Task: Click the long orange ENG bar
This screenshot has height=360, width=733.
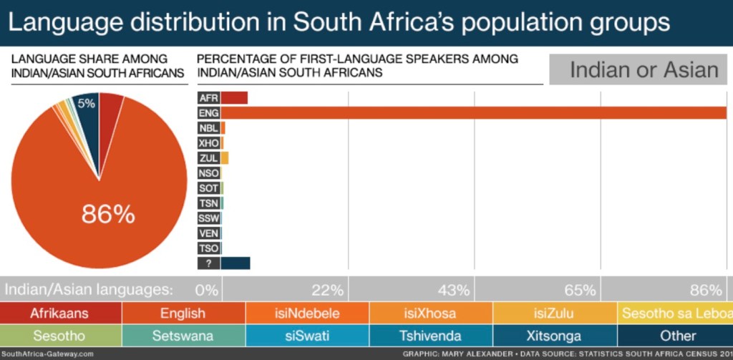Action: coord(472,112)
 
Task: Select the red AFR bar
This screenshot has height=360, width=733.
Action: coord(234,97)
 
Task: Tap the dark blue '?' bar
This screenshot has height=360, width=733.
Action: coord(236,263)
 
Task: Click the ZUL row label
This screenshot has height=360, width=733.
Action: coord(208,157)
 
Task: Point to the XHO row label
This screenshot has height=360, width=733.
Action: coord(208,142)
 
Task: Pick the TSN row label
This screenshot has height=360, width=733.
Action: coord(208,203)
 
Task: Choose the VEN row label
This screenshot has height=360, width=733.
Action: coord(208,233)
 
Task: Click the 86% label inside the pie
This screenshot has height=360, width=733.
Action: coord(108,213)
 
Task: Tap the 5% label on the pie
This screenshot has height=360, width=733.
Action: coord(87,103)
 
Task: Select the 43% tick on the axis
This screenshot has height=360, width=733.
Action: coord(455,290)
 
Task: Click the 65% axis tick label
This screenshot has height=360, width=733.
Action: coord(580,290)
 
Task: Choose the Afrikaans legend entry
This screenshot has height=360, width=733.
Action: coord(60,313)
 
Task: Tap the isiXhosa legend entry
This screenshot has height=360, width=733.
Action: coord(432,313)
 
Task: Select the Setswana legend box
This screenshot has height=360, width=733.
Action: coord(184,335)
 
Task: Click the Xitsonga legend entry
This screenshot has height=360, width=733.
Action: coord(555,335)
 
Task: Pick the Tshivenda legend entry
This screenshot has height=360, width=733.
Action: coord(432,335)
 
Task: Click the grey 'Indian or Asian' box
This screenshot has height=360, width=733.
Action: coord(643,69)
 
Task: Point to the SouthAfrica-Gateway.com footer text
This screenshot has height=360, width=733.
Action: coord(47,354)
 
